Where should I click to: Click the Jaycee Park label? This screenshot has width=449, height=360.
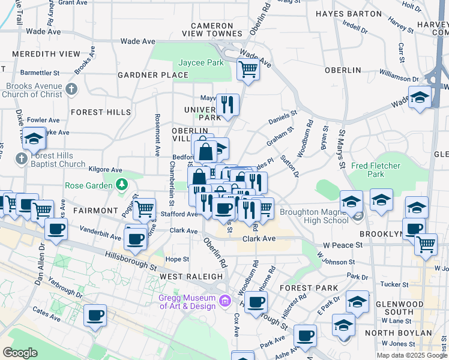pos(200,62)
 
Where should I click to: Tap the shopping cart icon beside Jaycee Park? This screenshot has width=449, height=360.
pos(248,70)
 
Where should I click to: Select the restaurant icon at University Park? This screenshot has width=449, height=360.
pos(228,105)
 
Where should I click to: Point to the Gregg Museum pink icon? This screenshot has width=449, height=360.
pos(225,300)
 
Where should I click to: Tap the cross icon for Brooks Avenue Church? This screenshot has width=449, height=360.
pos(72,90)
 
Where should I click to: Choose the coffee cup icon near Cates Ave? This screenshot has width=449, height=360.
pos(95,315)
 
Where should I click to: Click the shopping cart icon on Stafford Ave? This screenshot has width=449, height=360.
pos(145,209)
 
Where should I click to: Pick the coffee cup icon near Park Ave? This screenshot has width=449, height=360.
pos(305,336)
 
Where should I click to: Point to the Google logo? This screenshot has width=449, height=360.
pos(20,353)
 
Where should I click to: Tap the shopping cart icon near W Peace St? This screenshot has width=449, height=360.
pos(426,244)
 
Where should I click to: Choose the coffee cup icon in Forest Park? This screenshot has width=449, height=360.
pos(256,302)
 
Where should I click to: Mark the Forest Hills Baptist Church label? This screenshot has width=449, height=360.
pos(50,160)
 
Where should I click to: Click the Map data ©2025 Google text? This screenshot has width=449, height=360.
pos(411,355)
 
